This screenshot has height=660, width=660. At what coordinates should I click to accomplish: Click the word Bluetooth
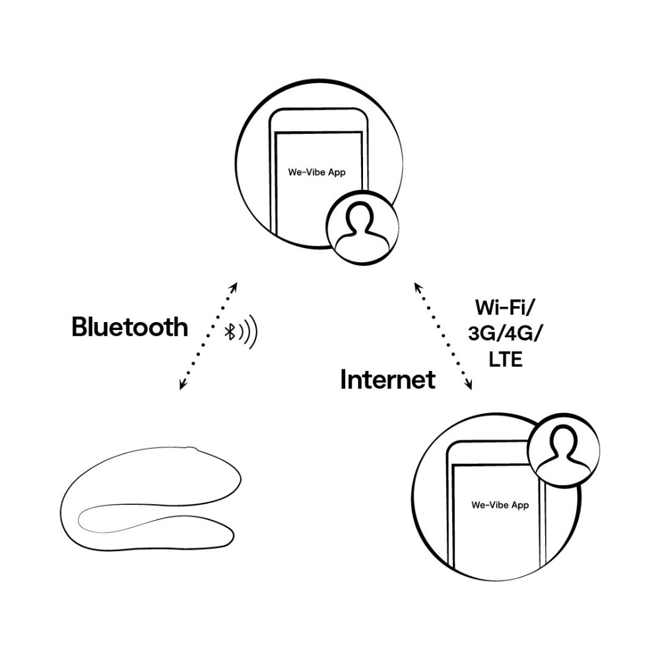point(129,327)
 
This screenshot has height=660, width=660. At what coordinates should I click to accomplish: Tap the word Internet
point(387,379)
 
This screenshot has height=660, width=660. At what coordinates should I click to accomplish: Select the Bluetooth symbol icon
point(231,332)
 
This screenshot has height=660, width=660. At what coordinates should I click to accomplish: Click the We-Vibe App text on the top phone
point(317,172)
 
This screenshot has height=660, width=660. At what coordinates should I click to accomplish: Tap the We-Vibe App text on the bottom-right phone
point(500,505)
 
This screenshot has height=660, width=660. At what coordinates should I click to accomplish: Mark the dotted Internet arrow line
point(443,337)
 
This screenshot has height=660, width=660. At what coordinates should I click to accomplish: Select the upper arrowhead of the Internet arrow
point(416,286)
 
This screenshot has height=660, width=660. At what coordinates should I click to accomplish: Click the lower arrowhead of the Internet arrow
point(470,388)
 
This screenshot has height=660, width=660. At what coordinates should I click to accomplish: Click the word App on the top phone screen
point(336,172)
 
